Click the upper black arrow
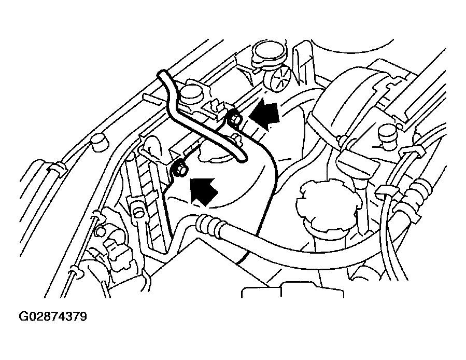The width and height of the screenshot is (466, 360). point(264,115)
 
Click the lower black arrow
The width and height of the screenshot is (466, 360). point(204,192)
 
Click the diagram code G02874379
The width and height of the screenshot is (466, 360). point(52,316)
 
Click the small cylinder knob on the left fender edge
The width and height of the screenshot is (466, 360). point(99,143)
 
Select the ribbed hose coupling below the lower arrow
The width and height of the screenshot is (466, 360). point(208,224)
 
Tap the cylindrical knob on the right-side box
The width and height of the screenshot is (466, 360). point(388,136)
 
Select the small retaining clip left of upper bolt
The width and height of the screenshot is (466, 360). point(216,108)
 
